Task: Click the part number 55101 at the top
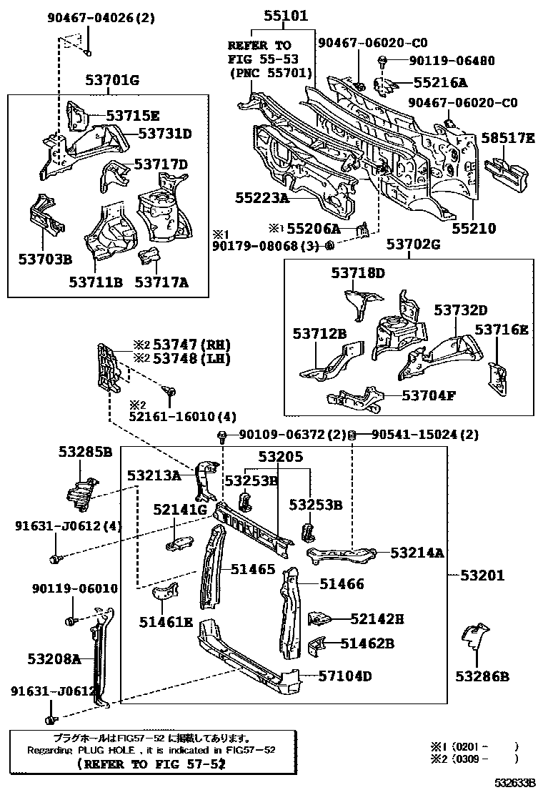284,15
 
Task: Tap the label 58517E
507,137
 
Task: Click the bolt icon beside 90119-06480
384,61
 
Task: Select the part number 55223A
262,197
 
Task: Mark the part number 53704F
428,395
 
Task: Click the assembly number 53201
482,575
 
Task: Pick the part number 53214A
417,553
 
